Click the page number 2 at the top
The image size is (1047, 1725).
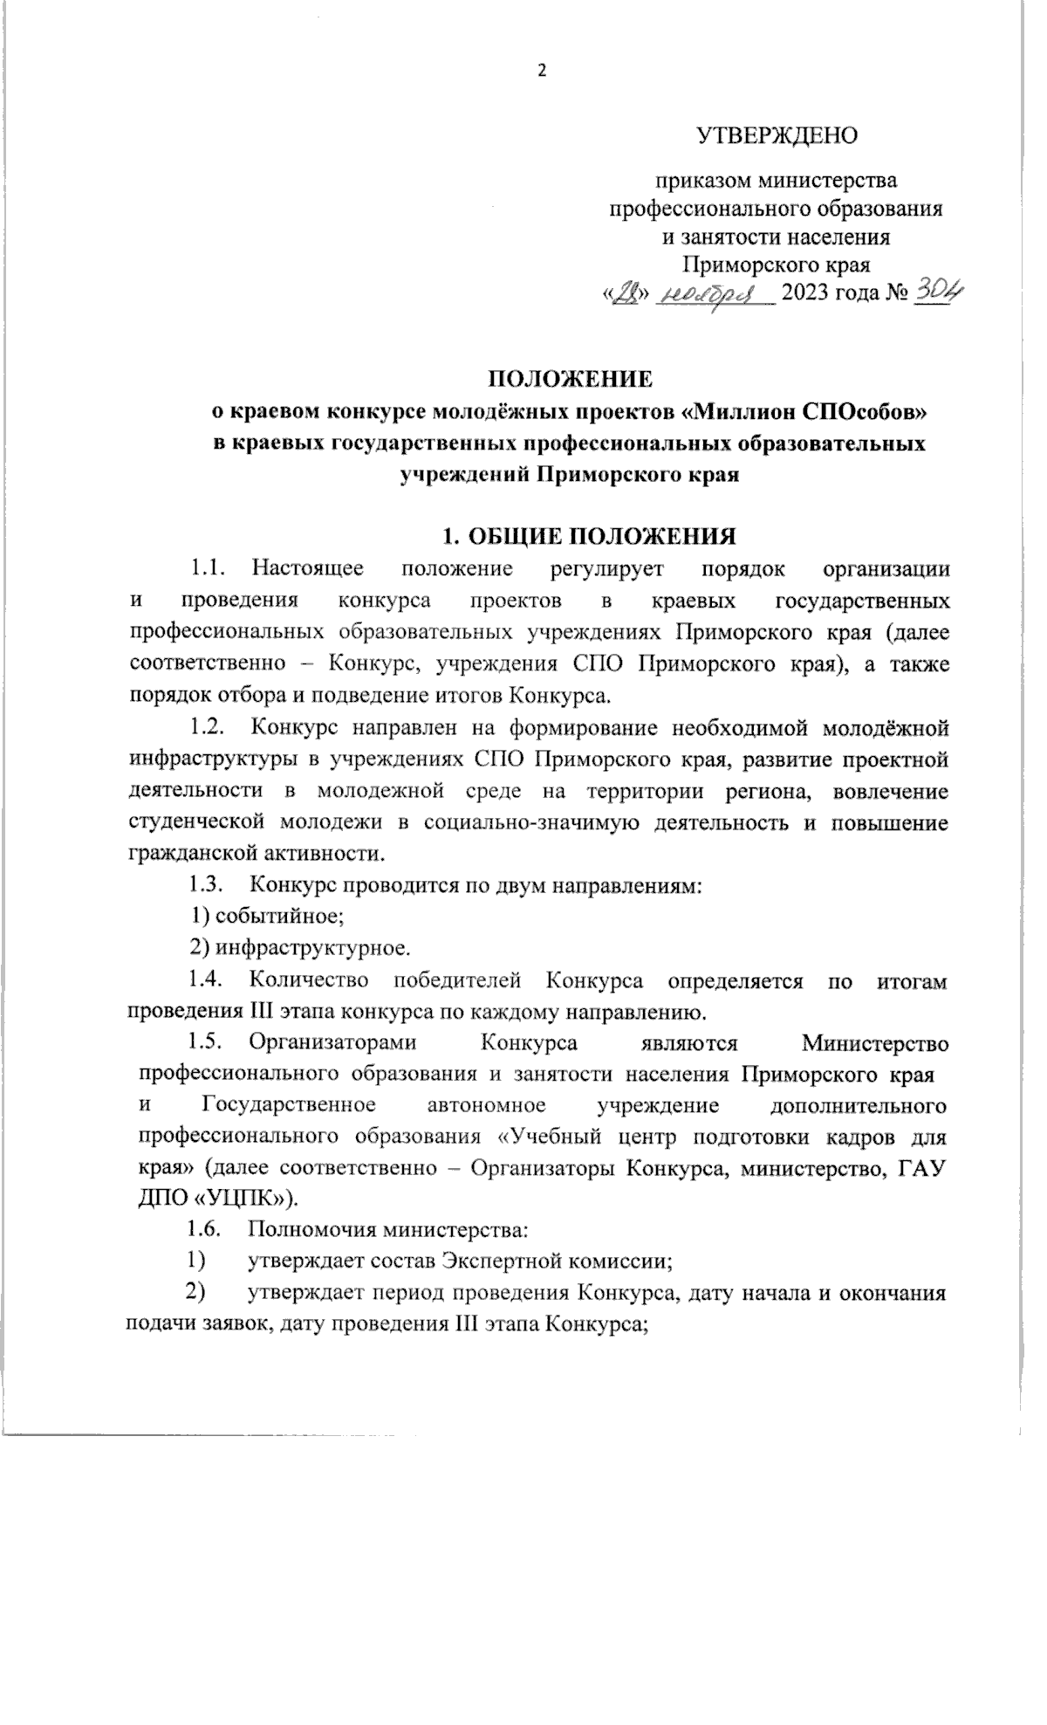click(x=541, y=72)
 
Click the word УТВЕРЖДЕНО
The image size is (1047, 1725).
click(x=777, y=136)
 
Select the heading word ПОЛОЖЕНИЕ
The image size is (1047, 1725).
click(x=569, y=379)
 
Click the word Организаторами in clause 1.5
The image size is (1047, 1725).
click(x=332, y=1043)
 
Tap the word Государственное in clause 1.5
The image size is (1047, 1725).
click(x=289, y=1106)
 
